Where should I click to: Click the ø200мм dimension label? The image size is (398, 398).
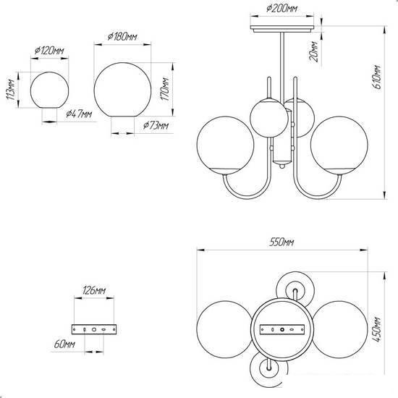pos(281,9)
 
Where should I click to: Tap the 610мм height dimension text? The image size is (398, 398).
pos(378,77)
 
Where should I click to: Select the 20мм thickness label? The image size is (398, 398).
pos(314,51)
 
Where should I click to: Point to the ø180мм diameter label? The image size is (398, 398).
pos(122,37)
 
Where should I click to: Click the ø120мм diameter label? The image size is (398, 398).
pos(49,51)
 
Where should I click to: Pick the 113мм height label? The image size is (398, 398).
pos(10,89)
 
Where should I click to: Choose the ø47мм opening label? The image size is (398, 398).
pos(79,114)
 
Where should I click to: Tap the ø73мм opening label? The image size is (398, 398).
pos(156,125)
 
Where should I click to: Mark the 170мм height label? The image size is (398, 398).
pos(165,89)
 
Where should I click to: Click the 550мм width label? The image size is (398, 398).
pos(281,242)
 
